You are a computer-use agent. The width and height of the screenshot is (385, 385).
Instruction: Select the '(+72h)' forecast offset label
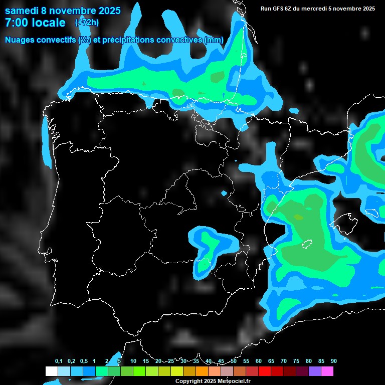tap(87, 22)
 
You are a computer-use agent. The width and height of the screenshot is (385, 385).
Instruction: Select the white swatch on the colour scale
tap(51, 371)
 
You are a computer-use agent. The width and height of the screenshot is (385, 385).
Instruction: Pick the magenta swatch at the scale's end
tap(327, 371)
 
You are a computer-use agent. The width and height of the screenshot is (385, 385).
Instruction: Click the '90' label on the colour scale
tap(333, 361)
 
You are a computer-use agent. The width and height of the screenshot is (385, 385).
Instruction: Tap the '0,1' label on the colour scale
tap(59, 361)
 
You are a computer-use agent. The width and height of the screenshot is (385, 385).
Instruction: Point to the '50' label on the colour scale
tap(234, 361)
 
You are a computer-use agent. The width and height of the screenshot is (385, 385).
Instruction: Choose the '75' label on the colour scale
tap(296, 361)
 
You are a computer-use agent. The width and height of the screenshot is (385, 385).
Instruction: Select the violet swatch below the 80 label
tap(314, 371)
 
